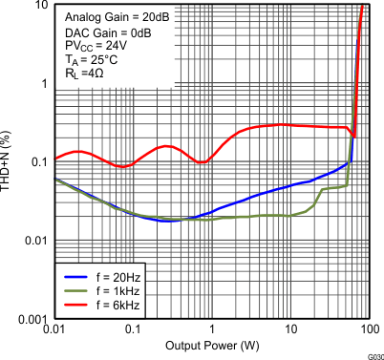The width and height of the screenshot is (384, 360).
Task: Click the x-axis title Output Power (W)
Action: (x=210, y=344)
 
